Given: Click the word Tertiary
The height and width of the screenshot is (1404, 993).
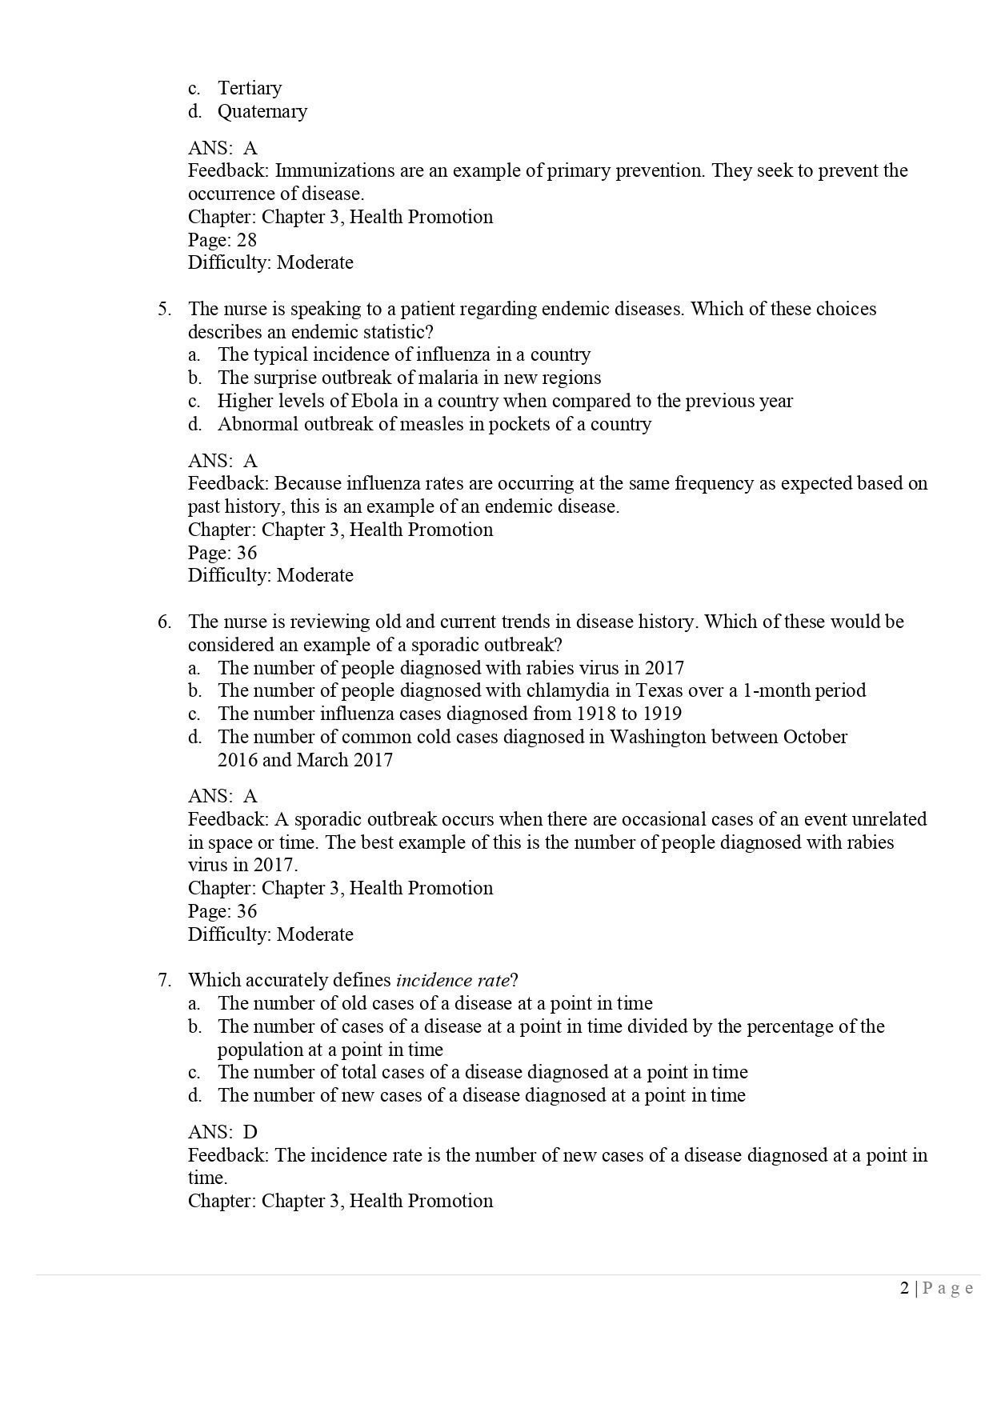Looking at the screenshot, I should click(x=250, y=88).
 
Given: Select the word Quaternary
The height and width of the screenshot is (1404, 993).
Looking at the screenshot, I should click(x=262, y=111).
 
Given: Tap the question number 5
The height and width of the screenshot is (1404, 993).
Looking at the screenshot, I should click(x=164, y=309).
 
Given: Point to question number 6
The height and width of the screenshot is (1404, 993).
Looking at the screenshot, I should click(x=164, y=622).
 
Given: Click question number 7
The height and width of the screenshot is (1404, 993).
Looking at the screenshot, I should click(x=164, y=980).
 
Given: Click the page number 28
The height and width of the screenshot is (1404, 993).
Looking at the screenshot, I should click(x=246, y=240).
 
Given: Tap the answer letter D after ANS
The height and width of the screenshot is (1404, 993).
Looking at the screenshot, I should click(x=250, y=1132).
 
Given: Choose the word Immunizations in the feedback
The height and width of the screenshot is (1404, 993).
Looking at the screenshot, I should click(x=338, y=170).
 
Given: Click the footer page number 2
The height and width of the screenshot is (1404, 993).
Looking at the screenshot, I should click(x=904, y=1288).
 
